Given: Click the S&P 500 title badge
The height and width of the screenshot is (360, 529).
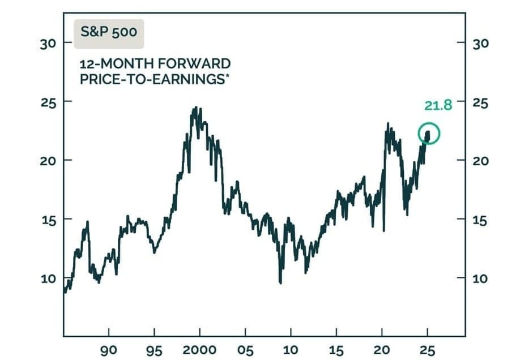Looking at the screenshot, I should (x=108, y=32).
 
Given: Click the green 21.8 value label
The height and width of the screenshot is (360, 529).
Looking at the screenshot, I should (x=438, y=105).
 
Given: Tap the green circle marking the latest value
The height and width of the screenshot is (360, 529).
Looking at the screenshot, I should (x=429, y=134).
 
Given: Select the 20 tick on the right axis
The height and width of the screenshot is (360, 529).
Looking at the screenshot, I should (x=480, y=160).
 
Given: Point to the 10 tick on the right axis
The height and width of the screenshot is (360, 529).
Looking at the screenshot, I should (x=480, y=278).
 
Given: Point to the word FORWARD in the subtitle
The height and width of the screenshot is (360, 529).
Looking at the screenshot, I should (x=199, y=63).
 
